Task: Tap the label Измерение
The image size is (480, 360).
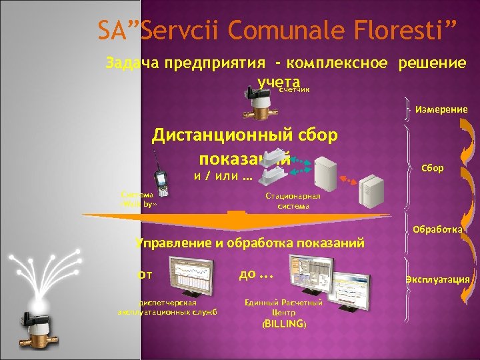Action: click(441, 109)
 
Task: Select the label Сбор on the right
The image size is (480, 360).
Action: click(432, 168)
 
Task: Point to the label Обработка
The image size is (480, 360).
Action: click(437, 229)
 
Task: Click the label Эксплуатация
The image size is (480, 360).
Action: click(438, 279)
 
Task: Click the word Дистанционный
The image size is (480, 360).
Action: click(217, 135)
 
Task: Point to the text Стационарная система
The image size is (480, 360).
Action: click(293, 201)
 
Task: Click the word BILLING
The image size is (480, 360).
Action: click(285, 325)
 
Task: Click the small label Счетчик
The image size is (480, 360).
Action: click(294, 89)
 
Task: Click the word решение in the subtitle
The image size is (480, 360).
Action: click(431, 63)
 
